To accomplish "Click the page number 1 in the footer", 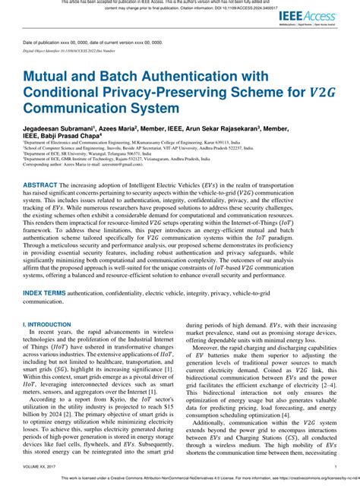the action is click(x=335, y=468).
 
